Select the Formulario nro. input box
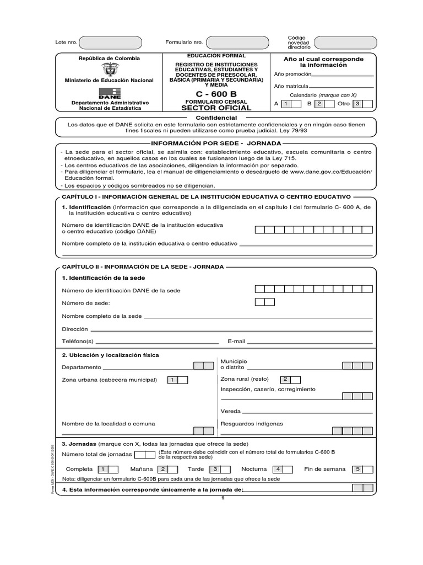coord(238,42)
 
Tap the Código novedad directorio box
coord(348,42)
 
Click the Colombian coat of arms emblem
coord(110,70)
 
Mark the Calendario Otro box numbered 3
coord(357,104)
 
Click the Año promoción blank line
coord(343,74)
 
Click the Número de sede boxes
coord(265,302)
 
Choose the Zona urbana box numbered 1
coord(173,380)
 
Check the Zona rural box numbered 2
coord(285,380)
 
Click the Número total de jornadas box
coord(145,455)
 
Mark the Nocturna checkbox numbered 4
coord(278,470)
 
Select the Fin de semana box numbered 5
coord(357,470)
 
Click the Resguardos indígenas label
coord(252,424)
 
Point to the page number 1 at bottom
coord(223,499)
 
